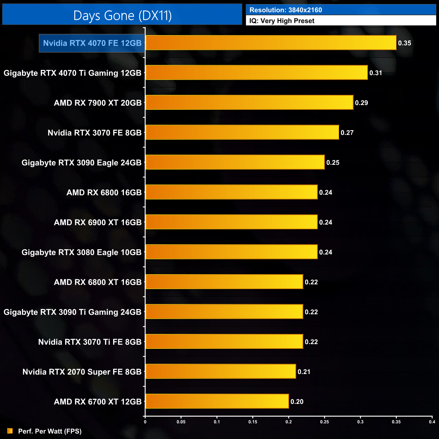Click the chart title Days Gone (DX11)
[122, 16]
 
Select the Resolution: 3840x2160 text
[286, 10]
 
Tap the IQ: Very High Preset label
[282, 21]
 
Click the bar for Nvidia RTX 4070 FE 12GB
[271, 43]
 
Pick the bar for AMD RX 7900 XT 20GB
[249, 103]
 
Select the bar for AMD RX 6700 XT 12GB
[217, 402]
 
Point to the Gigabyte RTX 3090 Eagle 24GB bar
[235, 162]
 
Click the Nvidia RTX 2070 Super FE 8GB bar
[221, 371]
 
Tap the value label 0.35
[405, 43]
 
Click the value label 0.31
[376, 73]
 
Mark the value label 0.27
[347, 133]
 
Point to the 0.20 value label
[297, 402]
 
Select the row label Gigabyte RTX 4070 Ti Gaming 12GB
[73, 73]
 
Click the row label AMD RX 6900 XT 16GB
[98, 222]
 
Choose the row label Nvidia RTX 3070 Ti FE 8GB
[90, 342]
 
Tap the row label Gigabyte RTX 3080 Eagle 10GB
[81, 252]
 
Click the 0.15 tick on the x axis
[253, 422]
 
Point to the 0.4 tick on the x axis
[432, 422]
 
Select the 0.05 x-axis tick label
[181, 422]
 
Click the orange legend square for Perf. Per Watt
[10, 431]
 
